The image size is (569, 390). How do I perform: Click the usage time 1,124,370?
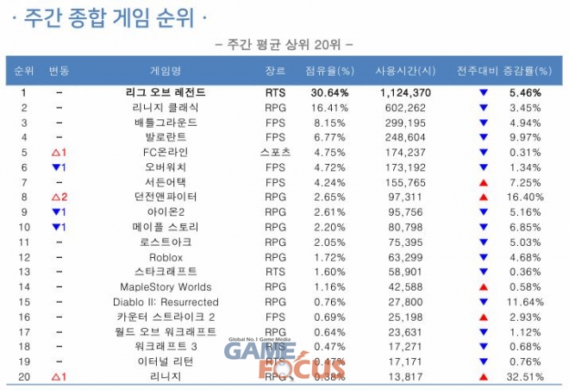[x=402, y=92]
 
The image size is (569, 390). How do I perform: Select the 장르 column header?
[x=275, y=70]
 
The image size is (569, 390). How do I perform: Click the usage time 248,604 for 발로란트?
[x=402, y=137]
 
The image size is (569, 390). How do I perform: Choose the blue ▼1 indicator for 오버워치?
[x=59, y=167]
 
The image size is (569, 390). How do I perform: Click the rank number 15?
[x=24, y=302]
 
